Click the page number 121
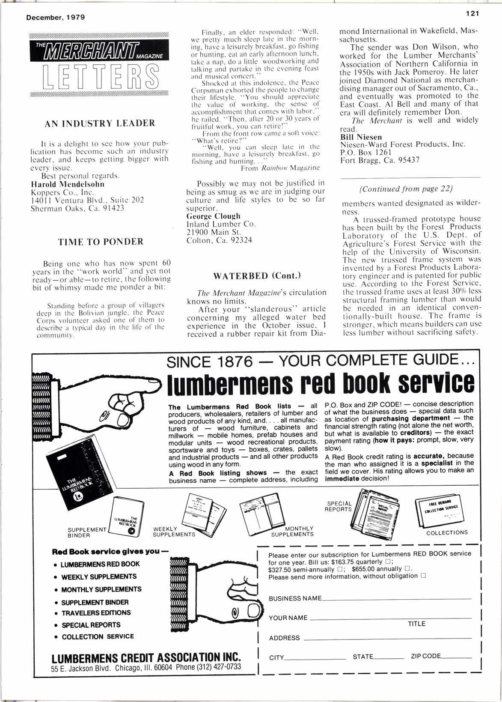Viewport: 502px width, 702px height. coord(472,13)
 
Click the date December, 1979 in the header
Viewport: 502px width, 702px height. coord(56,18)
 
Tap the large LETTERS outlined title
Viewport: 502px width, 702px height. coord(100,76)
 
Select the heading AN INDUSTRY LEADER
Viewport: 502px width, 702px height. coord(100,124)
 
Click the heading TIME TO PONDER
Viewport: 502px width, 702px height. coord(101,242)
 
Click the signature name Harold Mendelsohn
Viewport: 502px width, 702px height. coord(68,184)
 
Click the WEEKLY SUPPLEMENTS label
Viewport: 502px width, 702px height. coord(174,532)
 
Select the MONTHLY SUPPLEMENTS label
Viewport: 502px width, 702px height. coord(293,532)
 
